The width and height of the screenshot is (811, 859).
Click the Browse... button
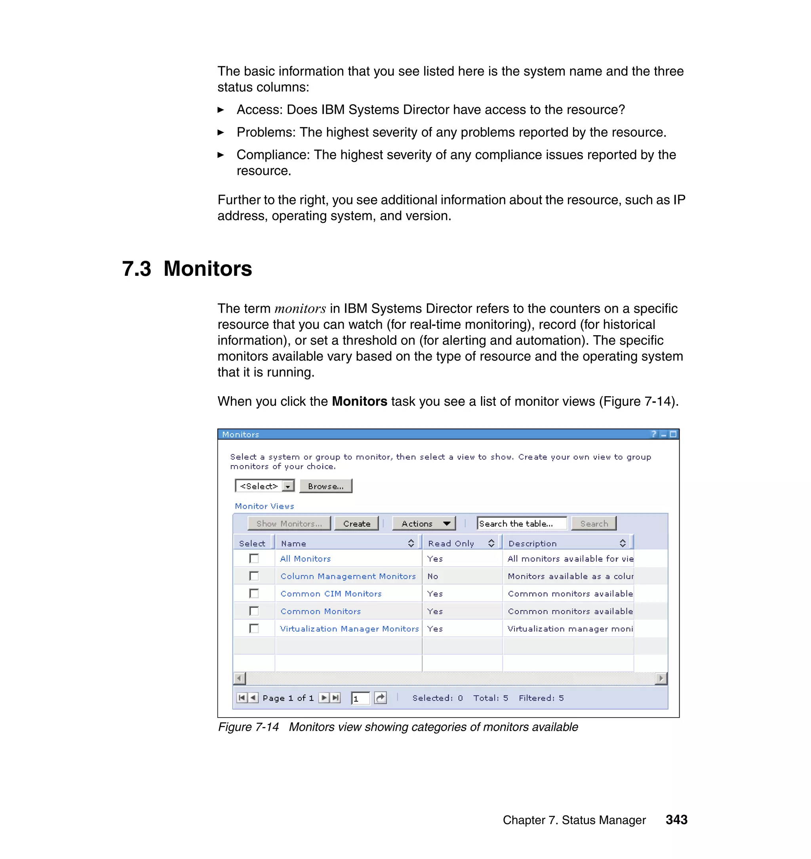326,486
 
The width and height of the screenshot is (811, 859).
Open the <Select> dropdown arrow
287,486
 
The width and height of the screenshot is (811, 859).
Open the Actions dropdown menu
424,523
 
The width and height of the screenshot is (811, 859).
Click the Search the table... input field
522,523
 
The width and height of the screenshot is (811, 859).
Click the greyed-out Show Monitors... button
289,523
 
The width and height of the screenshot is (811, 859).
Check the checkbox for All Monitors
254,558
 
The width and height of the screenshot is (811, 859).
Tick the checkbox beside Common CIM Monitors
254,594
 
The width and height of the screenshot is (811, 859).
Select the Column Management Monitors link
348,576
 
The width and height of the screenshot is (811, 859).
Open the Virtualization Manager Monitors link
349,628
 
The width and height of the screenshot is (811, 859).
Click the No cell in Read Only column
433,576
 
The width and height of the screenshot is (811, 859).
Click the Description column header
532,543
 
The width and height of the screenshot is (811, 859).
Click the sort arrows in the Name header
411,543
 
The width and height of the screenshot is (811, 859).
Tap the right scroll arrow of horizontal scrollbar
661,678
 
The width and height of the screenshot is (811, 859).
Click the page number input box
360,698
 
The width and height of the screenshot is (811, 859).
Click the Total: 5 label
490,698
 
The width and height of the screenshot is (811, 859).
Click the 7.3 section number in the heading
136,269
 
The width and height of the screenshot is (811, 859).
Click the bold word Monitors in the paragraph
359,401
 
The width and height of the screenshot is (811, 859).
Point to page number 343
676,820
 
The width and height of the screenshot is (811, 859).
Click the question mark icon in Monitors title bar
654,434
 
